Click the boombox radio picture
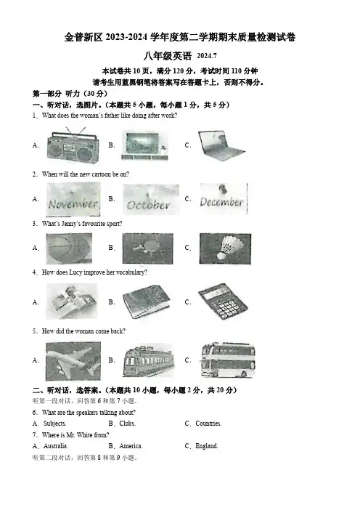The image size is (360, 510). (x=73, y=145)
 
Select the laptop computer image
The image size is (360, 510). (x=221, y=146)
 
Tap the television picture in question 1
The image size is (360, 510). (x=145, y=145)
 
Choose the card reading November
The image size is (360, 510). (x=73, y=199)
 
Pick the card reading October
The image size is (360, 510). (x=151, y=199)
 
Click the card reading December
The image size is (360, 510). (x=224, y=199)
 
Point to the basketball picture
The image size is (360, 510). (x=69, y=248)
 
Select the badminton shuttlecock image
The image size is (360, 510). (x=225, y=248)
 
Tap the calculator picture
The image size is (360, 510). (x=223, y=301)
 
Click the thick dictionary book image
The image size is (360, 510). (x=147, y=302)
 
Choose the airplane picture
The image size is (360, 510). (x=73, y=361)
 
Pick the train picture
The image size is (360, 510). (x=149, y=361)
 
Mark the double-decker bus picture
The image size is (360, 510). (x=228, y=360)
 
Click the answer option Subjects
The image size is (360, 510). (x=54, y=424)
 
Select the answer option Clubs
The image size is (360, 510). (x=127, y=424)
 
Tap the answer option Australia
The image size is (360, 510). (x=56, y=446)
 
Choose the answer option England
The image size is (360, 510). (x=206, y=446)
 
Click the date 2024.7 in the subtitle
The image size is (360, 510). (x=207, y=56)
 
